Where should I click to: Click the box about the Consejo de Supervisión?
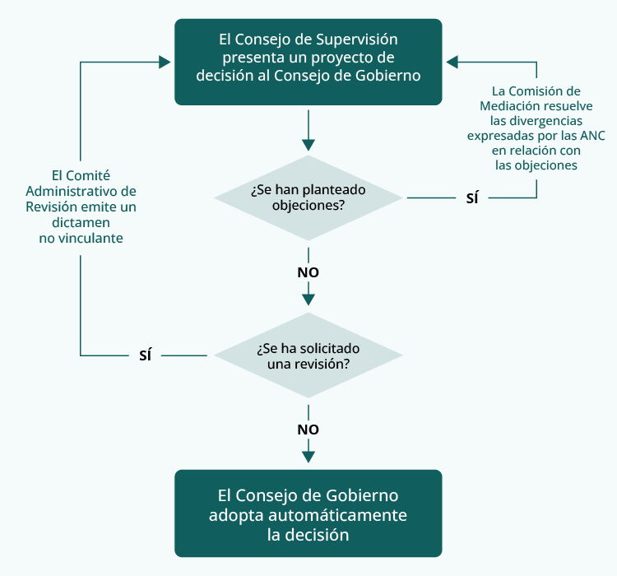308,62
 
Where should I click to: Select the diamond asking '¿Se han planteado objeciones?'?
308,197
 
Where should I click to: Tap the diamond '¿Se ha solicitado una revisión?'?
308,355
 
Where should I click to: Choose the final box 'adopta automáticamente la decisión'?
308,513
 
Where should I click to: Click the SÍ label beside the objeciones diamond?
471,198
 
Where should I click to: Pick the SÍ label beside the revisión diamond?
146,355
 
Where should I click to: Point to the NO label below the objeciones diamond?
308,272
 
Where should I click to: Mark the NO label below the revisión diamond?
308,430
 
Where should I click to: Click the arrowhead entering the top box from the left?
165,62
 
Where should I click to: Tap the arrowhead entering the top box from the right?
452,62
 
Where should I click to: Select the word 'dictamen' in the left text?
81,222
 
